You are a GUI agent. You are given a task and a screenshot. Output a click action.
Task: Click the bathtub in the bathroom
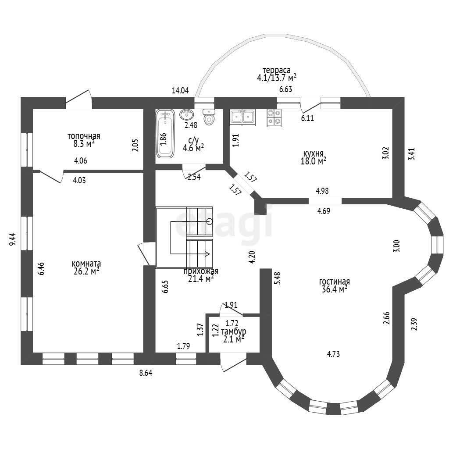coord(165,134)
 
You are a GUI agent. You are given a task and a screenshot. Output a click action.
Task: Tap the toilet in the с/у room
coord(209,117)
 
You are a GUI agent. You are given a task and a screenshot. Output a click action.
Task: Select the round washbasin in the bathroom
coord(186,114)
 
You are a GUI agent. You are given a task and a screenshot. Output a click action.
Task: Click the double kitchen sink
coord(243,117)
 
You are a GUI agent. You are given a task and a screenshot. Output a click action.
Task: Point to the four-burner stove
coord(274,118)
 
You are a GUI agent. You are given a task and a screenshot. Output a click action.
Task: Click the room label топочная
coord(84,136)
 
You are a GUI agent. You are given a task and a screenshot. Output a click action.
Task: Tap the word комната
coord(86,263)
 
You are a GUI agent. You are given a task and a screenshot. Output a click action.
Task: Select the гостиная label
coord(335,282)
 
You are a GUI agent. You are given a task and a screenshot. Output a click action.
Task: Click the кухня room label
coord(314,153)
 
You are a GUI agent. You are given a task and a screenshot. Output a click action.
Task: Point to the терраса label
coord(277,70)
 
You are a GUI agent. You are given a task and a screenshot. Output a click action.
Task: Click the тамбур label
coord(234,331)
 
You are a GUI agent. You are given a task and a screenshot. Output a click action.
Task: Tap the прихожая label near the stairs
coord(201,271)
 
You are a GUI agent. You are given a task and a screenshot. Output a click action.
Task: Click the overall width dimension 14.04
coord(180,90)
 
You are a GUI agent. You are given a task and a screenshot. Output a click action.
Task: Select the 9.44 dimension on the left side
coord(12,239)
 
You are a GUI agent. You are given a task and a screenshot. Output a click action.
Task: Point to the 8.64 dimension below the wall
coord(146,373)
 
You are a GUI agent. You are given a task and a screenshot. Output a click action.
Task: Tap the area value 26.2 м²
coord(86,271)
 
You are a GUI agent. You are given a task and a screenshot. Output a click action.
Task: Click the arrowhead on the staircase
coord(207,254)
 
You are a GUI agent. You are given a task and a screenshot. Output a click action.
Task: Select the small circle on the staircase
coord(210,221)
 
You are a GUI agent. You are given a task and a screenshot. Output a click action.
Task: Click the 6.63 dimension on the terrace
coord(286,89)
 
